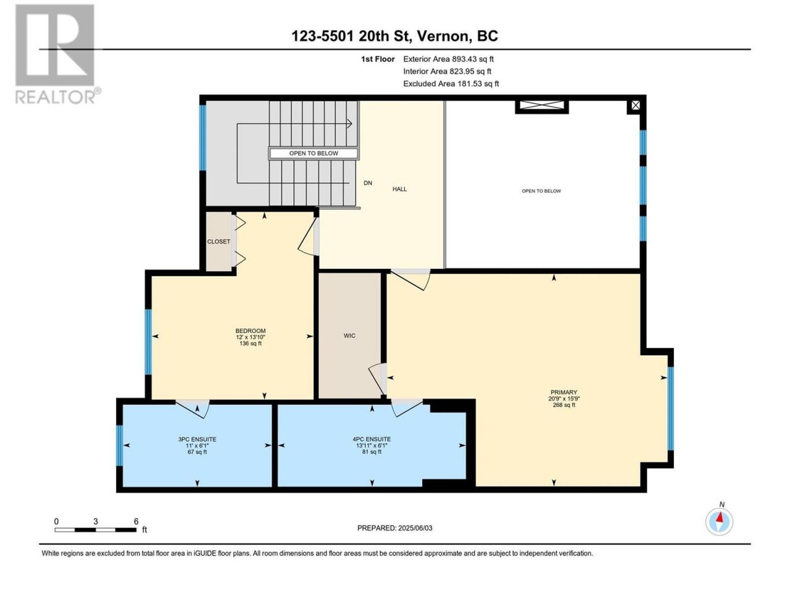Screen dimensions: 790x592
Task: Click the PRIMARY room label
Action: tap(563, 392)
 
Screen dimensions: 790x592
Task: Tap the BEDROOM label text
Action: tap(251, 331)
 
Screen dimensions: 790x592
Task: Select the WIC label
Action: tap(349, 335)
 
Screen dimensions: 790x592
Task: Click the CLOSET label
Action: tap(218, 242)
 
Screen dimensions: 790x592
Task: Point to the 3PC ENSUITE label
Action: tap(197, 439)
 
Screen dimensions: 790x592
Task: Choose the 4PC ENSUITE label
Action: tap(372, 439)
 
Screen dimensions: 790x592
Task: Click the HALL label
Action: tap(399, 189)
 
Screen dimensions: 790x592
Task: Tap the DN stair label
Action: tap(368, 183)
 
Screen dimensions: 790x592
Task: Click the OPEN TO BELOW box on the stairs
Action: tap(314, 153)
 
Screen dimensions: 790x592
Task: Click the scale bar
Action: tap(96, 530)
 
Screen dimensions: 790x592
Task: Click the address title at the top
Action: tap(394, 36)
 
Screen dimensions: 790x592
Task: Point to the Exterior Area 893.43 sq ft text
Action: tap(449, 59)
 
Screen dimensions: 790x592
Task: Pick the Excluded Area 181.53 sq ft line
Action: tap(451, 84)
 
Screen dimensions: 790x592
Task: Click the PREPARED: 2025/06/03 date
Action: tap(395, 528)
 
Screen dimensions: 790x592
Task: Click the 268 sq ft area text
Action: tap(564, 405)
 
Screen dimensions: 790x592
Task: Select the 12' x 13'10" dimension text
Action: tap(251, 337)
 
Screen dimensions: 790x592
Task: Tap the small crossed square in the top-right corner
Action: tap(636, 105)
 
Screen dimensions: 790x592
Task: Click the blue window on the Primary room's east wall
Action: tap(670, 409)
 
